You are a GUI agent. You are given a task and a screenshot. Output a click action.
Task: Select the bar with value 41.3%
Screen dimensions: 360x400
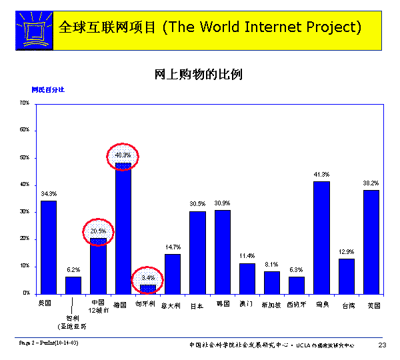(321, 237)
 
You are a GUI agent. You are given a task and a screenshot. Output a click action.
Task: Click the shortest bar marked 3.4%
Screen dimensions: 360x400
(148, 289)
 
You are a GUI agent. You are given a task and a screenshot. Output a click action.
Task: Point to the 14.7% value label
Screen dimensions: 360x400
(173, 247)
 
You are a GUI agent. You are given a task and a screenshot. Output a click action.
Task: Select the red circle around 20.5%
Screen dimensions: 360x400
(99, 231)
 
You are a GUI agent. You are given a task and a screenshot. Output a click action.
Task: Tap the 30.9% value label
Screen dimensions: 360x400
(222, 203)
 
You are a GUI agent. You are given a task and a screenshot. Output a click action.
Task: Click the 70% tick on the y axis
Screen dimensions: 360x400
(24, 103)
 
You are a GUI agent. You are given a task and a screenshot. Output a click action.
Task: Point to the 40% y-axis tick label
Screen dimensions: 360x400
(24, 185)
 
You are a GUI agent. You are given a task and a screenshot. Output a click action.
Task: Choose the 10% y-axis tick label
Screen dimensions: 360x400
(24, 266)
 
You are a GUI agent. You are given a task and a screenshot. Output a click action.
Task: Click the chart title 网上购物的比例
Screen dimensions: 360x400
(198, 74)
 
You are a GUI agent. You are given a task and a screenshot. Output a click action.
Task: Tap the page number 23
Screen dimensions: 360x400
(382, 345)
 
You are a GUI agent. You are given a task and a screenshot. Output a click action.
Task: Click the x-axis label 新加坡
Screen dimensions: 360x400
(271, 305)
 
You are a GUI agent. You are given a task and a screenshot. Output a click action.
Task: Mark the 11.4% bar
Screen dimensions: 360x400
(247, 278)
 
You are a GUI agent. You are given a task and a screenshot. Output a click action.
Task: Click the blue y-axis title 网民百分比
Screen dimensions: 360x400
(48, 89)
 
